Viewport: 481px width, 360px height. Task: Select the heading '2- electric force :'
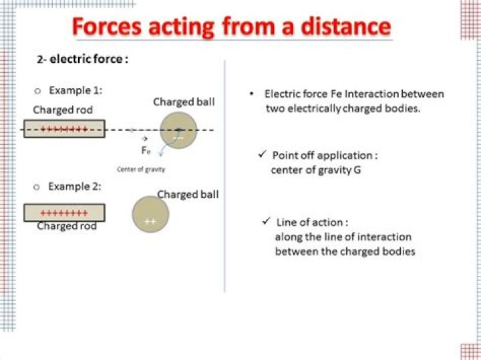pyautogui.click(x=82, y=59)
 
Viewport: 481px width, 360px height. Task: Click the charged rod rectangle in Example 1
pyautogui.click(x=64, y=129)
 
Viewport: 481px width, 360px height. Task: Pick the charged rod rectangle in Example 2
pyautogui.click(x=64, y=213)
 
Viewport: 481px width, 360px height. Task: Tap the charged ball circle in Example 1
pyautogui.click(x=178, y=130)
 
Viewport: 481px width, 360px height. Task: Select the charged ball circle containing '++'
pyautogui.click(x=150, y=214)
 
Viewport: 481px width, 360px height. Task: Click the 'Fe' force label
pyautogui.click(x=146, y=150)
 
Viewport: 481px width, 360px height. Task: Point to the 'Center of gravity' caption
pyautogui.click(x=141, y=169)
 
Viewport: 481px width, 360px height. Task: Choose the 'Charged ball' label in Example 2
pyautogui.click(x=188, y=194)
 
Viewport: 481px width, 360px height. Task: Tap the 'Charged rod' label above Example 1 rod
pyautogui.click(x=63, y=110)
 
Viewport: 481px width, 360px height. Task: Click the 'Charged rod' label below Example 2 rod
pyautogui.click(x=67, y=226)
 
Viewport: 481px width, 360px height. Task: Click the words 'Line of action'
pyautogui.click(x=311, y=222)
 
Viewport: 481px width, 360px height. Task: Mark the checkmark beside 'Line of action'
pyautogui.click(x=266, y=221)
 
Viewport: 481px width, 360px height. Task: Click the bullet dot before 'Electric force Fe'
pyautogui.click(x=251, y=94)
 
